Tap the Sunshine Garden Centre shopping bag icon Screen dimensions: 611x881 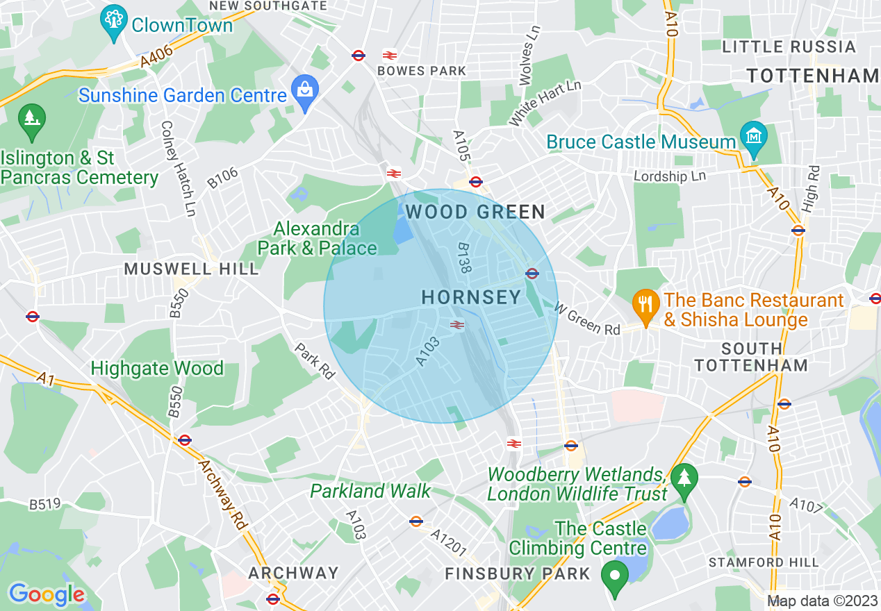304,90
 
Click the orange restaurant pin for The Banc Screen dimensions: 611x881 646,304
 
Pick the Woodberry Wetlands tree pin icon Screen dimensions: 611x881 684,479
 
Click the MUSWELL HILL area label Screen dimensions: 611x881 191,269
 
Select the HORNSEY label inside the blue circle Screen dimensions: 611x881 471,298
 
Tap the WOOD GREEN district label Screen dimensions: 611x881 475,211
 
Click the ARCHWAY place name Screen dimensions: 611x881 293,574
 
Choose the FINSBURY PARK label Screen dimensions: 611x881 517,574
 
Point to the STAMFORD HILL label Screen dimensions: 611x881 764,562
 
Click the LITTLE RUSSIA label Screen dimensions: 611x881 789,47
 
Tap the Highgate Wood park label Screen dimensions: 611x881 157,368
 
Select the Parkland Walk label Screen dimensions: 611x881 370,492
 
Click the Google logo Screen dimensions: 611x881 47,594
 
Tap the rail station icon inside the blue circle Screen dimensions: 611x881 456,324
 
